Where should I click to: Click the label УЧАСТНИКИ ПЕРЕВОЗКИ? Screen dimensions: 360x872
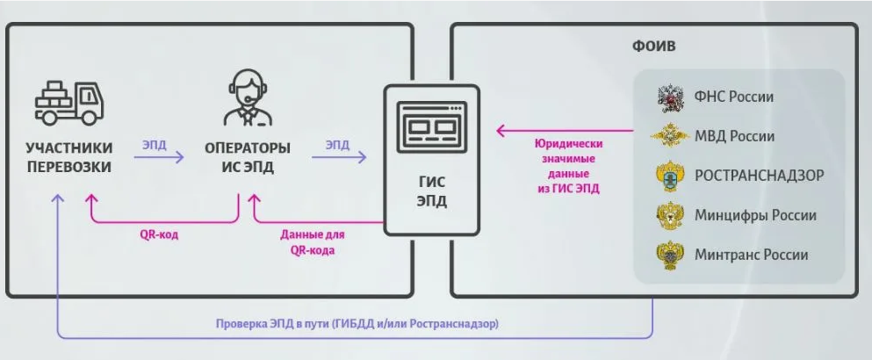coord(68,157)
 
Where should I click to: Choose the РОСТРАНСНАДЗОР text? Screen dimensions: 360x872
coord(759,176)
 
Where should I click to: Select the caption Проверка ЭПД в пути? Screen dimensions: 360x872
coord(357,324)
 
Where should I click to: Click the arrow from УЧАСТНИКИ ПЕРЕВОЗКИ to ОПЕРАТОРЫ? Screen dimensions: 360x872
coord(162,158)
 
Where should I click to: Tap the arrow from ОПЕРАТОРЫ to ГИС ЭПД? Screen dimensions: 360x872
coord(339,158)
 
